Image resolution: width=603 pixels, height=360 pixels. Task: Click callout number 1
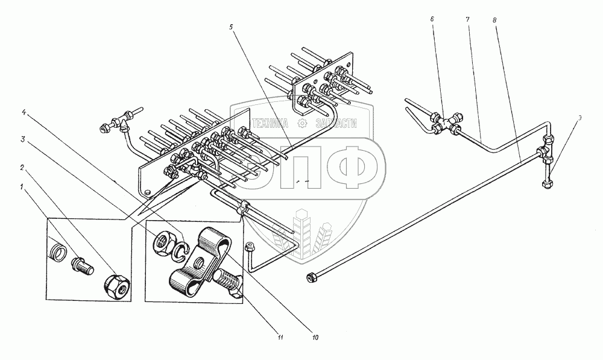pos(22,188)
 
